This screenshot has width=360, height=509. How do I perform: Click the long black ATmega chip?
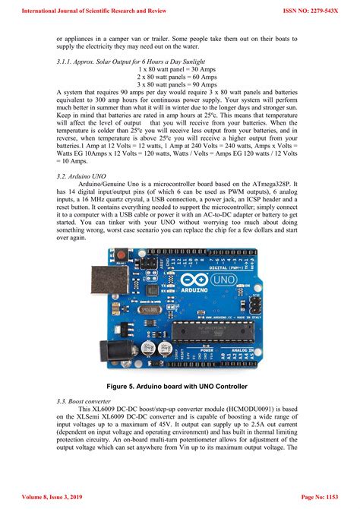coord(215,329)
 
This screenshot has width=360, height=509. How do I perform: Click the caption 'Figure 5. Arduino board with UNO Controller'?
coord(180,387)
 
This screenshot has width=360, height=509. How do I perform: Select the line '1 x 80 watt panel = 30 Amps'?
coord(180,69)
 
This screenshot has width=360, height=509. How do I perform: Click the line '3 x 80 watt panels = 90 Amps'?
coord(179,84)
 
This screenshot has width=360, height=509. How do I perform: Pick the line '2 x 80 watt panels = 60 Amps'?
coord(179,77)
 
